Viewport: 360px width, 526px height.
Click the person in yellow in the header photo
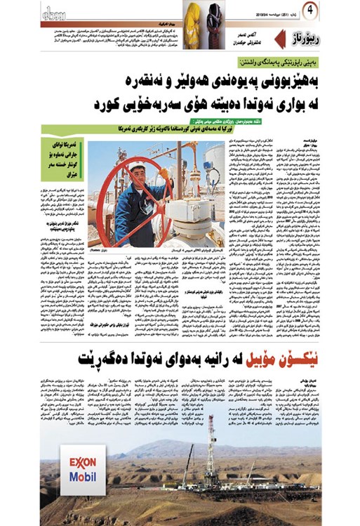193,13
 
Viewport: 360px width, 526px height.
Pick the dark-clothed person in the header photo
213,13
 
